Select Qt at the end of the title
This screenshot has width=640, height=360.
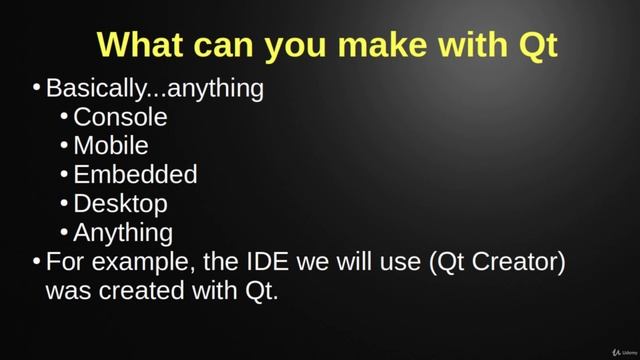[536, 45]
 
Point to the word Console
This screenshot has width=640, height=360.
[120, 117]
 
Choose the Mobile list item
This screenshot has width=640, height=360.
[111, 146]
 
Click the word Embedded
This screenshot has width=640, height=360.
[135, 175]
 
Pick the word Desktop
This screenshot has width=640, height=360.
[120, 204]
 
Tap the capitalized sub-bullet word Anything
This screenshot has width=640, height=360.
[123, 233]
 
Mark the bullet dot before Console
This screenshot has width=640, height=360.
[64, 117]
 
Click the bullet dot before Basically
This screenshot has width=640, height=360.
[36, 88]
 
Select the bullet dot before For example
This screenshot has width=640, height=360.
[36, 262]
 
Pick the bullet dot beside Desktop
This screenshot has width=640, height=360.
[64, 204]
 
